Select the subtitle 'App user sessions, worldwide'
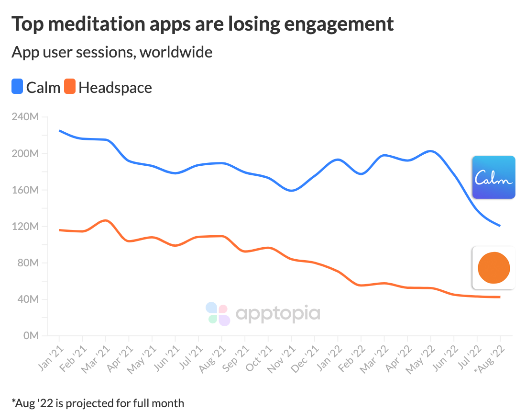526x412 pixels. pos(112,52)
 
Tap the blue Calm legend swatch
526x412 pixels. pos(17,87)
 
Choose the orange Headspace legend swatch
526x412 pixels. pos(70,87)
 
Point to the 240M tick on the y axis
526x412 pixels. pos(28,117)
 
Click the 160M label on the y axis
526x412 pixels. pos(28,190)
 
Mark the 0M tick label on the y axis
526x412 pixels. pos(31,336)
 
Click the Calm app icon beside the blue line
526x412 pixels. pos(493,177)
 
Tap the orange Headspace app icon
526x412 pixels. pos(493,268)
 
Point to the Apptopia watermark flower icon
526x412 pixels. pos(218,314)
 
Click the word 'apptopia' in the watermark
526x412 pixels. pos(278,314)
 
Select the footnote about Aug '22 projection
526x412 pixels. pos(98,403)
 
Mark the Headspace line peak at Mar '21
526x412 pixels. pos(106,220)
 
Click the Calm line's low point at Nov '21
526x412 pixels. pos(291,191)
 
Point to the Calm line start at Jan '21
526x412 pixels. pos(59,130)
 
